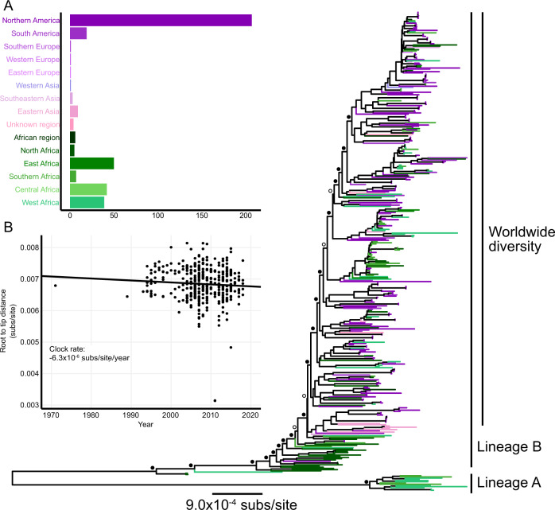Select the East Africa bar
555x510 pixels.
pyautogui.click(x=91, y=163)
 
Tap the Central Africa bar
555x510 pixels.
pyautogui.click(x=88, y=189)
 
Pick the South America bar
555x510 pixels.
pyautogui.click(x=78, y=33)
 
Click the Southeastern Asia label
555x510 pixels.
pyautogui.click(x=36, y=98)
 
